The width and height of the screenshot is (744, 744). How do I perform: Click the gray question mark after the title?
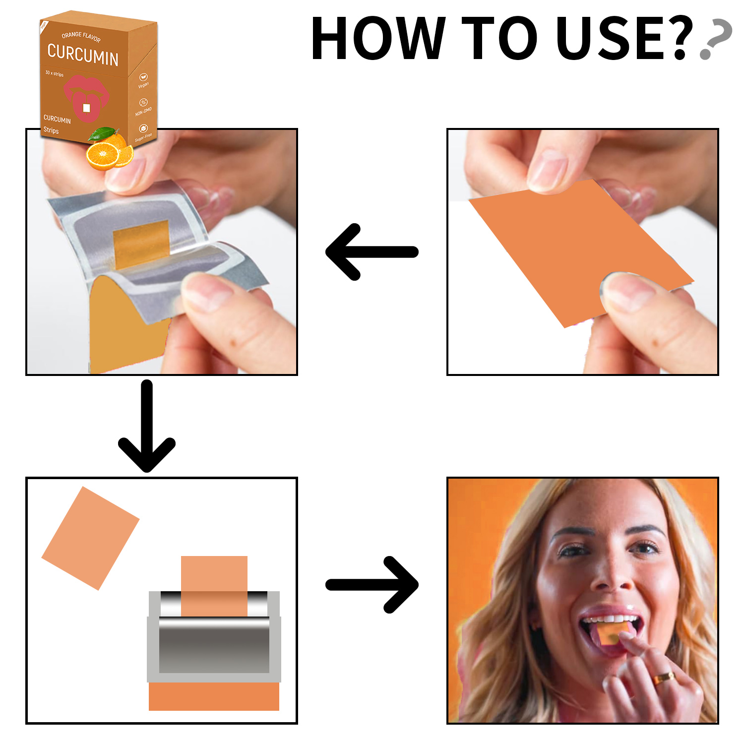(716, 40)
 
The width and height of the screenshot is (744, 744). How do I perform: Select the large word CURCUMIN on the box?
(83, 55)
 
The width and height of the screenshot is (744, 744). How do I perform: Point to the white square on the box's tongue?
(86, 108)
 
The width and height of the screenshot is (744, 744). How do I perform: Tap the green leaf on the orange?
(102, 133)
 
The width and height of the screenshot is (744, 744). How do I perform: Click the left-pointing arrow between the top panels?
(371, 252)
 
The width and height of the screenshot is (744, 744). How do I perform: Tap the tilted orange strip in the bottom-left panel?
(90, 538)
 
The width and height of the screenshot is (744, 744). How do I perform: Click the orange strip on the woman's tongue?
(612, 633)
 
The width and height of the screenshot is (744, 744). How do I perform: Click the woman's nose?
(609, 575)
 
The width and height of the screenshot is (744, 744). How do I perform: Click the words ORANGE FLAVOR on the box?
(81, 36)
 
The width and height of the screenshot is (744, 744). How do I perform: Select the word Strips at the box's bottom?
(51, 130)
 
